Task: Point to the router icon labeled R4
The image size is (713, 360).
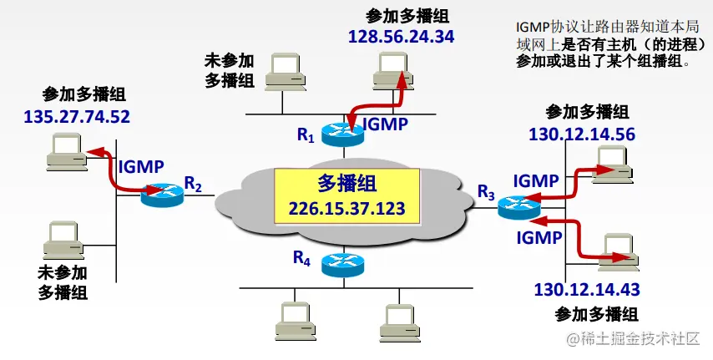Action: [342, 266]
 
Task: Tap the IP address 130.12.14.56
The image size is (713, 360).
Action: [582, 133]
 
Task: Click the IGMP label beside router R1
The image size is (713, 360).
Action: [385, 124]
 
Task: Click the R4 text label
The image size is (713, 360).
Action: [302, 258]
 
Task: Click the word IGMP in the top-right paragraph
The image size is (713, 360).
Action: [533, 26]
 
